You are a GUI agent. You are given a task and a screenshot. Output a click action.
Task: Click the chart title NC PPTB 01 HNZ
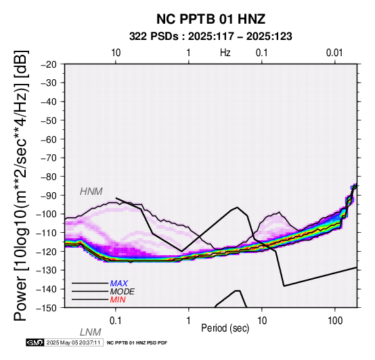[x=211, y=19]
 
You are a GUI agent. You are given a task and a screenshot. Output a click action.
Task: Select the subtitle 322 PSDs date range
[x=211, y=37]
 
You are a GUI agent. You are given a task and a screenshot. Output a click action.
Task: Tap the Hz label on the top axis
[x=225, y=52]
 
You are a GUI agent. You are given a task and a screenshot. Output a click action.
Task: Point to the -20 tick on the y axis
[x=49, y=64]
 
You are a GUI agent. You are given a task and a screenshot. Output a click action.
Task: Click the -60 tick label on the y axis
[x=49, y=139]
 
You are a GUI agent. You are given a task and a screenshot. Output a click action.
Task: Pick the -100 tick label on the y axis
[x=47, y=214]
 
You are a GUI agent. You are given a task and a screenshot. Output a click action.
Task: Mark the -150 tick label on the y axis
[x=47, y=308]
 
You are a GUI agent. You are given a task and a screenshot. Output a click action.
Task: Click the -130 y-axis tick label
[x=47, y=270]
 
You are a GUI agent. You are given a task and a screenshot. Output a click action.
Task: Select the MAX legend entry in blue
[x=119, y=284]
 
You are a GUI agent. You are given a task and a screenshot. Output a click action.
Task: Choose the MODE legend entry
[x=123, y=292]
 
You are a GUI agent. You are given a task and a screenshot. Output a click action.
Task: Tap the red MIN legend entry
[x=118, y=300]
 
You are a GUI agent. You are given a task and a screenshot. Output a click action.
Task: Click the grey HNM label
[x=91, y=192]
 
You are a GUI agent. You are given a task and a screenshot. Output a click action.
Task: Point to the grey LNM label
[x=91, y=332]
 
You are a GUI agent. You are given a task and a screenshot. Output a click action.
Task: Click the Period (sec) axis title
[x=225, y=328]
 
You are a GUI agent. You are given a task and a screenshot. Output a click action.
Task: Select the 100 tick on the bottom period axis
[x=335, y=321]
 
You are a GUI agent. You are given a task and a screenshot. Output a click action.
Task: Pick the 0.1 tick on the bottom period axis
[x=116, y=321]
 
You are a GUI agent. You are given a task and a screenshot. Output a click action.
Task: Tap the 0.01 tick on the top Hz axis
[x=334, y=53]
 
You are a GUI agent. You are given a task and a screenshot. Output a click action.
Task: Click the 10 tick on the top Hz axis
[x=116, y=53]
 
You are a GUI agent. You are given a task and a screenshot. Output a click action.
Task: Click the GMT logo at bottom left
[x=35, y=342]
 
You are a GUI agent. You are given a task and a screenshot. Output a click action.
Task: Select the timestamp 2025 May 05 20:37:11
[x=73, y=342]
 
